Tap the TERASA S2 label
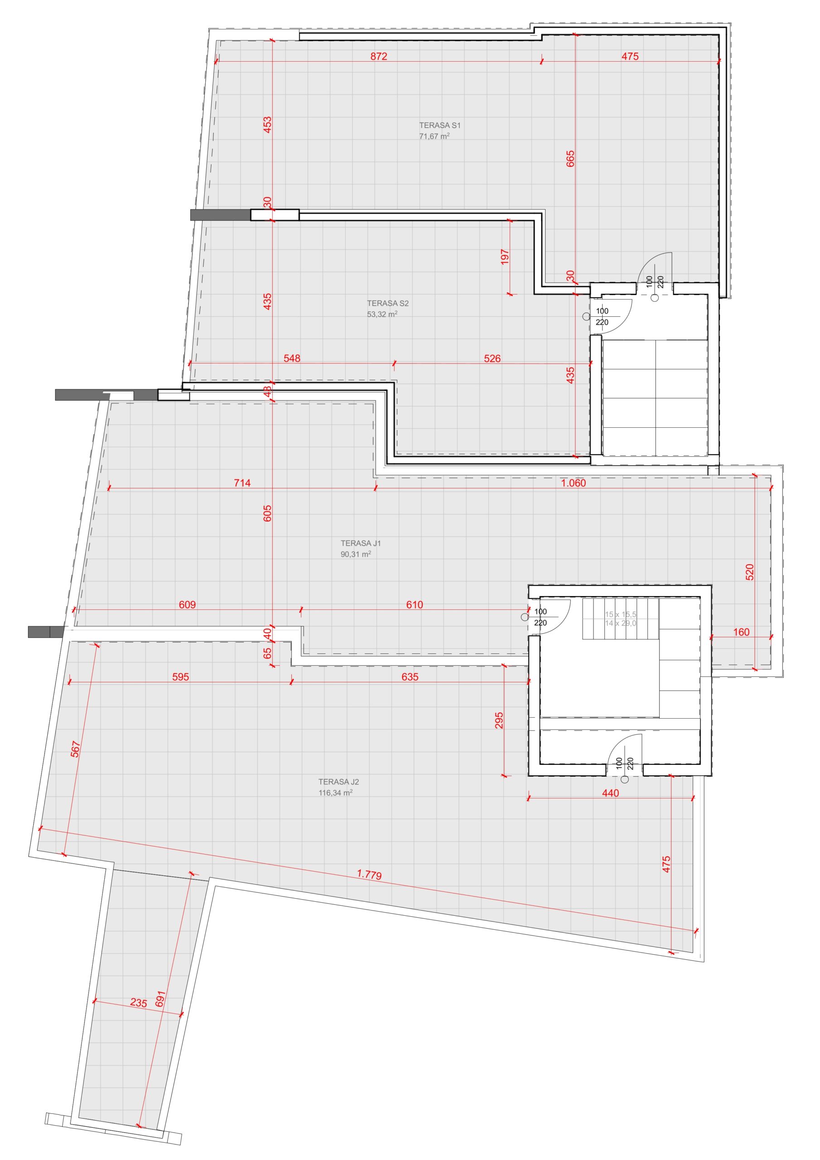click(387, 303)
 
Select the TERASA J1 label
click(361, 543)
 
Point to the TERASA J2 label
click(338, 782)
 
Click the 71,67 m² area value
click(434, 136)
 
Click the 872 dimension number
click(378, 56)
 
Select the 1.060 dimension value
click(574, 483)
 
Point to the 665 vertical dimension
click(570, 159)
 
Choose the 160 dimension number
click(741, 632)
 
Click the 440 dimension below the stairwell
click(610, 793)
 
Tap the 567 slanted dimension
click(75, 749)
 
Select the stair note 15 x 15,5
click(621, 614)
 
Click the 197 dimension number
click(505, 256)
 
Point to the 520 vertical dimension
click(750, 572)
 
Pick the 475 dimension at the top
click(630, 56)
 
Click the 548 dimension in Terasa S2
click(292, 358)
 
